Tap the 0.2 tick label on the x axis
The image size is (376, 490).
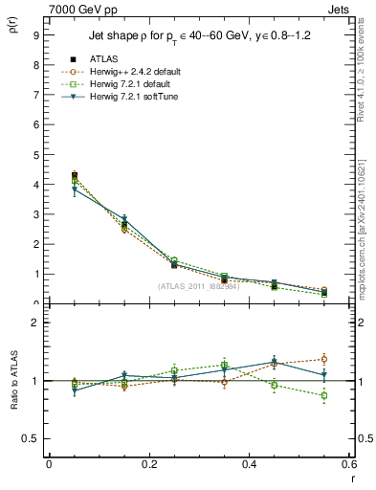(x=148, y=464)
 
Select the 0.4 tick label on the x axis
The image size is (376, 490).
(x=249, y=464)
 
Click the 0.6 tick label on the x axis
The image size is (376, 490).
(x=348, y=464)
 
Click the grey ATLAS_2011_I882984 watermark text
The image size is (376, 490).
(x=198, y=286)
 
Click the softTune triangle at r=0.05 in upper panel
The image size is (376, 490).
(x=75, y=189)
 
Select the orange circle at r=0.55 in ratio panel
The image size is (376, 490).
(x=323, y=359)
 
